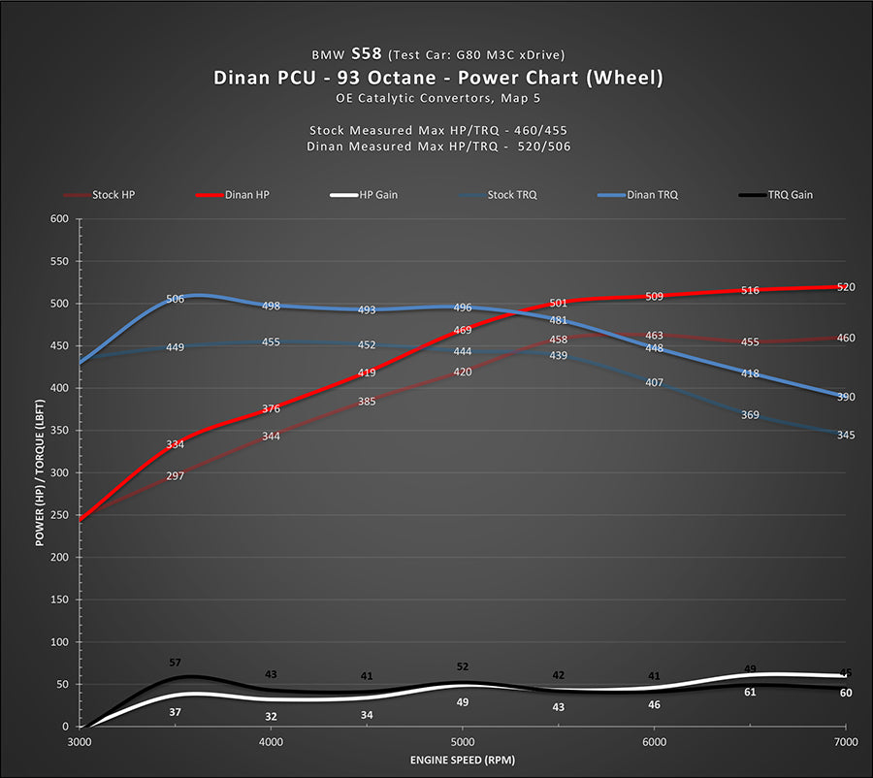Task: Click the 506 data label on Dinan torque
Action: click(176, 300)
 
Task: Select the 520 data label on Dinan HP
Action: click(845, 287)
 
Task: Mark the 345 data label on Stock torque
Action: click(845, 436)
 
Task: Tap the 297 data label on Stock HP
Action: click(176, 476)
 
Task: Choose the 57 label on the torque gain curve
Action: click(176, 663)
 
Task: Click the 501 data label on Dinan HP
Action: click(558, 304)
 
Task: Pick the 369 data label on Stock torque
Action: click(750, 415)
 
